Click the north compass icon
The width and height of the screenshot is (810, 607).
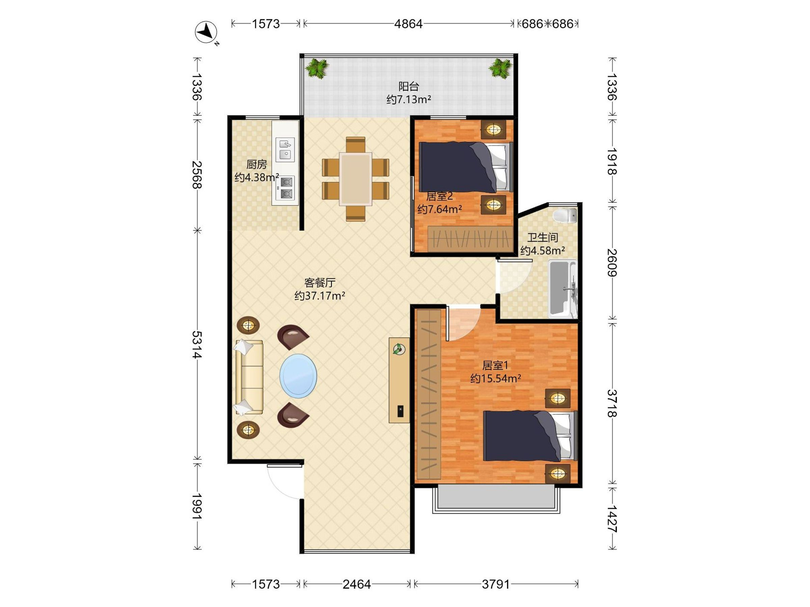point(206,32)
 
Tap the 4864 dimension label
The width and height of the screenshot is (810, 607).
point(408,24)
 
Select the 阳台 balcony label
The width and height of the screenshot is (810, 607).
point(409,87)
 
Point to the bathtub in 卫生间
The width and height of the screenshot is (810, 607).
point(562,288)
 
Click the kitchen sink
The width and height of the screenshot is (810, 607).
point(285,150)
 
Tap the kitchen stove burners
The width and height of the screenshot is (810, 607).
point(285,188)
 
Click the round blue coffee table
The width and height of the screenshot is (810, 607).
point(298,375)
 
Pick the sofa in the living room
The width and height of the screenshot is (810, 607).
point(249,377)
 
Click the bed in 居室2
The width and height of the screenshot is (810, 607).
point(465,167)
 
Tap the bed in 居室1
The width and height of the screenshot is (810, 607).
point(530,436)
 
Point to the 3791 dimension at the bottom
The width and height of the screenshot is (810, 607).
point(496,584)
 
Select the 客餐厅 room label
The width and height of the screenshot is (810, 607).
point(320,283)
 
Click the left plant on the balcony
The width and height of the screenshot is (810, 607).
point(317,69)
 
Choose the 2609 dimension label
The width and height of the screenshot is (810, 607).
point(612,262)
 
